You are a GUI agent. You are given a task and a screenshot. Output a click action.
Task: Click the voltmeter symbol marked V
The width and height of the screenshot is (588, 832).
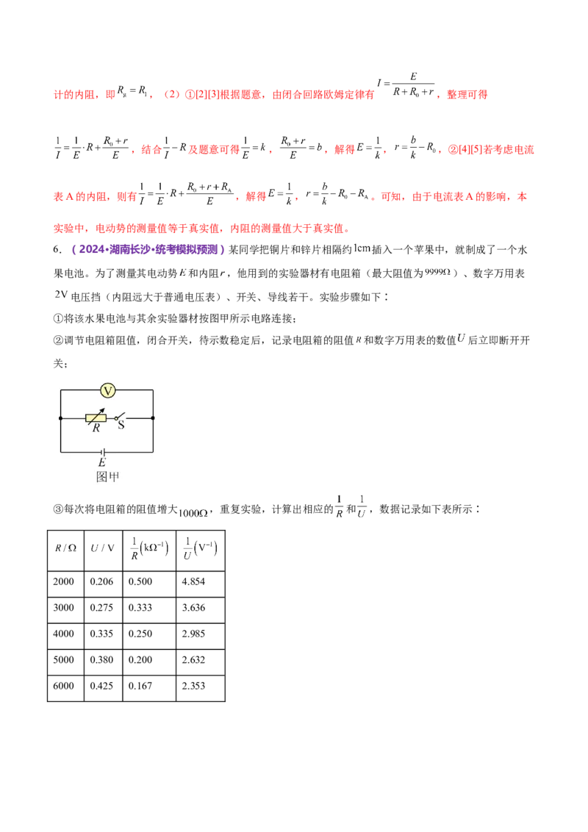pos(107,390)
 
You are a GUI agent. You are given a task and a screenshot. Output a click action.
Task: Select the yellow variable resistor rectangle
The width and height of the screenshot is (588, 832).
pos(96,418)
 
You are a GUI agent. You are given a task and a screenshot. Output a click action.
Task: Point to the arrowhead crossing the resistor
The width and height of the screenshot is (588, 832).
pos(103,410)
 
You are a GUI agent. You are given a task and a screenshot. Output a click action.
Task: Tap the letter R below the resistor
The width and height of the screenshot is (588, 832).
pos(96,428)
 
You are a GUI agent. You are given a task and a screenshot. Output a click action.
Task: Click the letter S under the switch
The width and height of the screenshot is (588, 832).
pos(121,426)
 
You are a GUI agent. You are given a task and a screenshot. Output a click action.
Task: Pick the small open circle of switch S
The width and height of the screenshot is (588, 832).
pos(116,418)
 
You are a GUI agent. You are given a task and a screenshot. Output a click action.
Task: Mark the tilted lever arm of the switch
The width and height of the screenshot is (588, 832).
pos(123,415)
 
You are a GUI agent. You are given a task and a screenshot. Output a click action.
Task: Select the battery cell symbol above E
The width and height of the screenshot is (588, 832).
pos(102,451)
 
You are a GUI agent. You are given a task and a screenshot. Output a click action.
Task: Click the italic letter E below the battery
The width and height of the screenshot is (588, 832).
pos(102,462)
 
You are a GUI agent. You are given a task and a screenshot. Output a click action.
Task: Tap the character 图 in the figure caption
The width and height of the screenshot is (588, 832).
pos(102,476)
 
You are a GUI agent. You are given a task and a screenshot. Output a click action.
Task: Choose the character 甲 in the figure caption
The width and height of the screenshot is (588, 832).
pos(113,476)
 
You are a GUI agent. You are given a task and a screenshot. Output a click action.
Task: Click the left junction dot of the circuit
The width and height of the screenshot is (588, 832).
pos(60,418)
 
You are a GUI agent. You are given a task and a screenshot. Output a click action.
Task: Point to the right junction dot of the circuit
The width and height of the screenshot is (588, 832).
pos(152,418)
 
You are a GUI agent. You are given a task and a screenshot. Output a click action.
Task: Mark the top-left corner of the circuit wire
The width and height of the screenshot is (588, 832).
pos(60,390)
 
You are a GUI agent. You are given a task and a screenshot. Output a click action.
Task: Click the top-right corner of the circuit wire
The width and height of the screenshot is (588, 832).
pos(152,390)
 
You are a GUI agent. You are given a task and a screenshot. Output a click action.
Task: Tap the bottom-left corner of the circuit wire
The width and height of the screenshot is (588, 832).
pos(60,451)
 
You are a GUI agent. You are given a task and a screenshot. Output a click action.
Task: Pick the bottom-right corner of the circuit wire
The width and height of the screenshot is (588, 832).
pos(152,451)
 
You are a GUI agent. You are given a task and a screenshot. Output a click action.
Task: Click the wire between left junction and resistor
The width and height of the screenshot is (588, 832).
pos(73,418)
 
